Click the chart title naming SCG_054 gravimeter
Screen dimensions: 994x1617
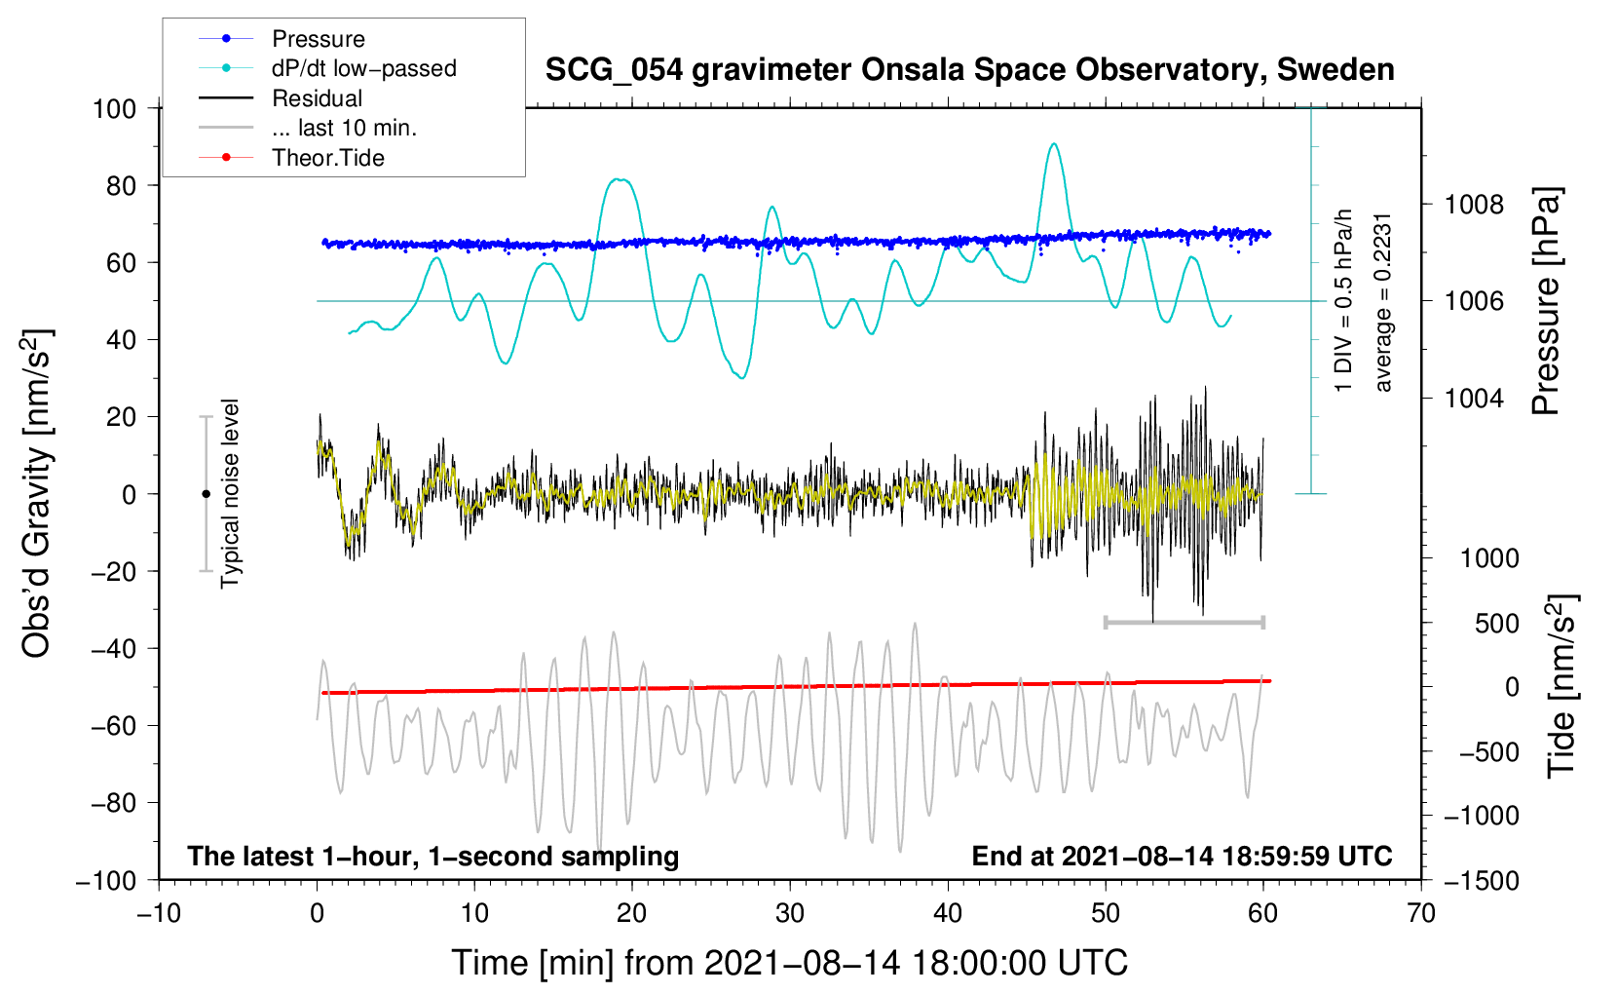click(969, 70)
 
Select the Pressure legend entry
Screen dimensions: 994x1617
click(318, 39)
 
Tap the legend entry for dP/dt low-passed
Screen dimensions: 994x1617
click(363, 68)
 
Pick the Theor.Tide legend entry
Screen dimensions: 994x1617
click(327, 158)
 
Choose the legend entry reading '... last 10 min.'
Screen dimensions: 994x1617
click(344, 128)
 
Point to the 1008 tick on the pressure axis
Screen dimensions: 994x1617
click(1474, 205)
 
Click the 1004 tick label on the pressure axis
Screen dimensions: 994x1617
click(1474, 398)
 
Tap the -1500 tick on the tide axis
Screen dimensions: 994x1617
click(1480, 880)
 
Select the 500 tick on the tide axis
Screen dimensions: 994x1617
click(1496, 623)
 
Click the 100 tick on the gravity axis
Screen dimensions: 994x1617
click(114, 108)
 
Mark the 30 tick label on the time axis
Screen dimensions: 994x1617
click(790, 913)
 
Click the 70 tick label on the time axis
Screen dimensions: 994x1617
click(1421, 913)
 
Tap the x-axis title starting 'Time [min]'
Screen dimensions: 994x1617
click(790, 963)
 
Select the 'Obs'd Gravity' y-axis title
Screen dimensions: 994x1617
click(37, 494)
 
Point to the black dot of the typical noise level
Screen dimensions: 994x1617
click(206, 494)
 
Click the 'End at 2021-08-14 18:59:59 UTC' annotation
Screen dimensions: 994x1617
click(1182, 856)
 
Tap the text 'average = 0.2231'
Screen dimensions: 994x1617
click(1383, 302)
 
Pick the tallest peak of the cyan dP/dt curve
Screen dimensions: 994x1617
click(1053, 144)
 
